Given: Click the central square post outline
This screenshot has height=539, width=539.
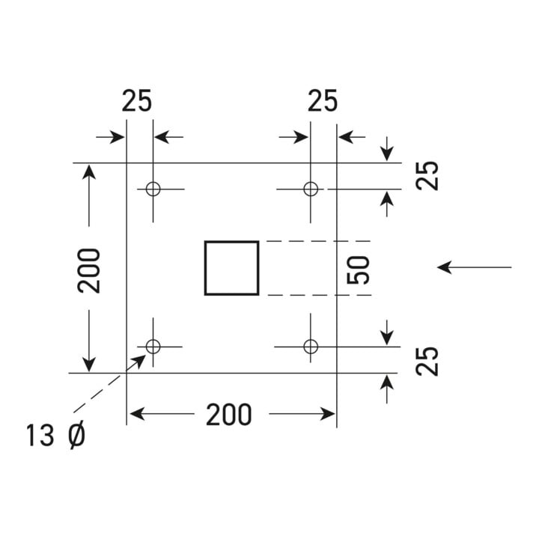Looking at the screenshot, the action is coord(205,268).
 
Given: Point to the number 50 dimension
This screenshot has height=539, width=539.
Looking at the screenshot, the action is coord(358,270).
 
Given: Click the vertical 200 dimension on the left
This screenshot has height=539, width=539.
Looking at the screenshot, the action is coord(88,270).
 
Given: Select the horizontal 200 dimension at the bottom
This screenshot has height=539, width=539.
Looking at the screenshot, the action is coord(228,415).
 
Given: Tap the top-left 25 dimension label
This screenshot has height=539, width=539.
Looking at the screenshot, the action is coord(136,101).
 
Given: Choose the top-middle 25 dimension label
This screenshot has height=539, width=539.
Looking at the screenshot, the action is coord(323,101).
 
